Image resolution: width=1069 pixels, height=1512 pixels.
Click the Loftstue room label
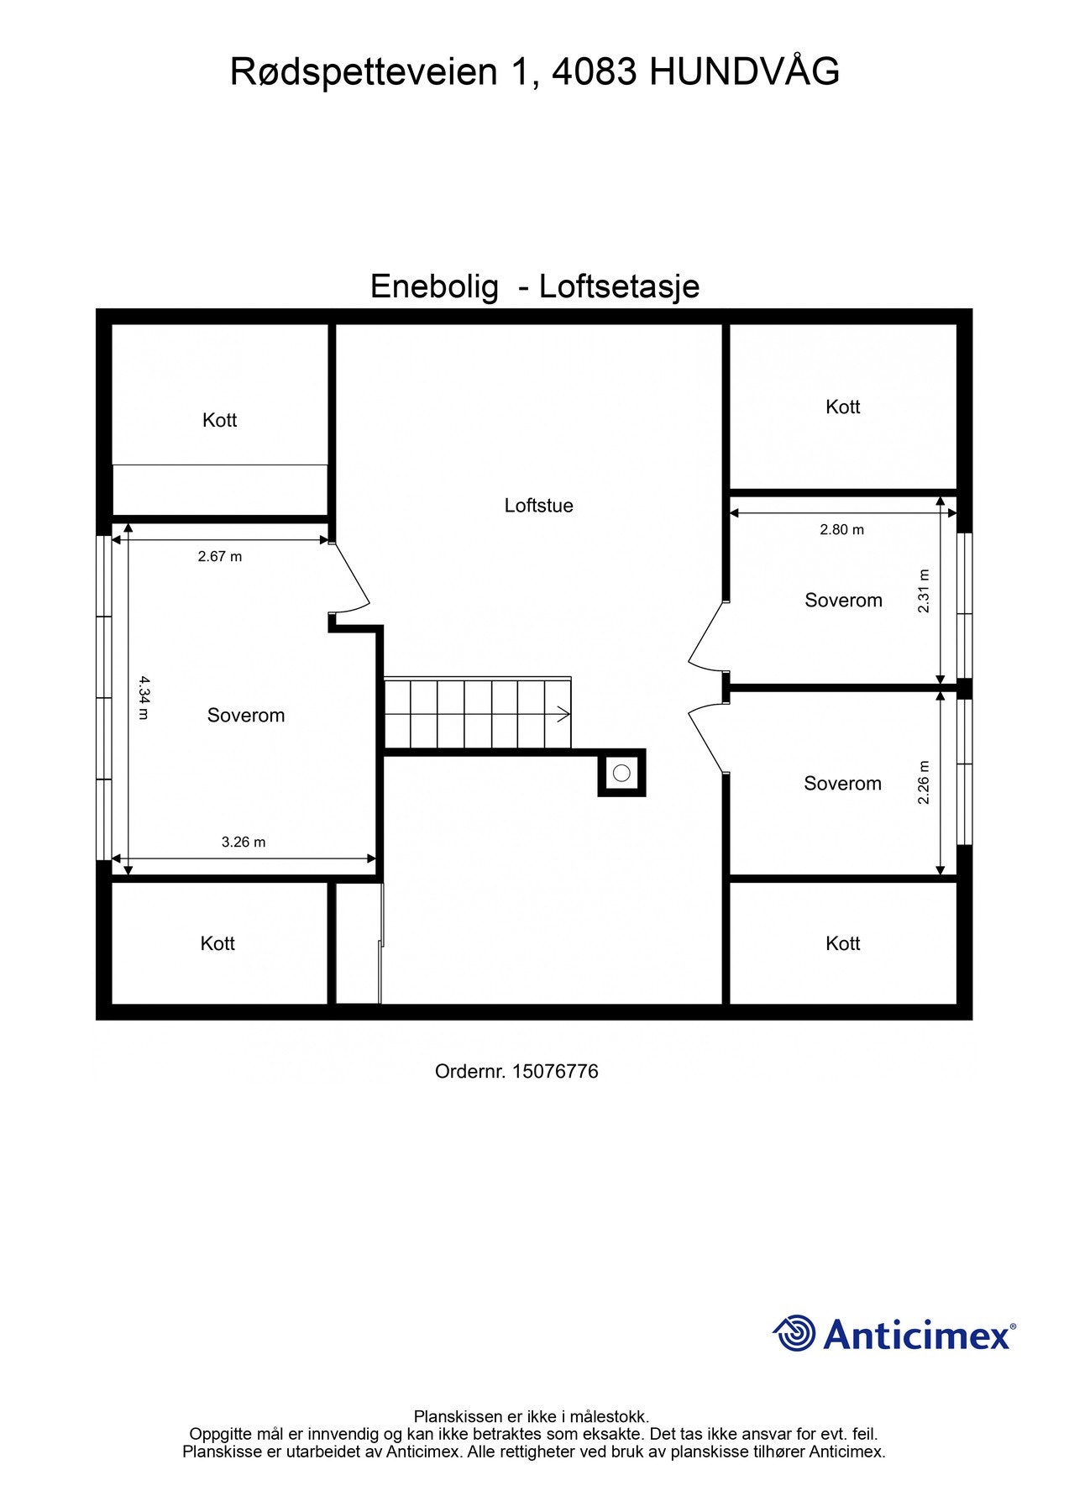[538, 506]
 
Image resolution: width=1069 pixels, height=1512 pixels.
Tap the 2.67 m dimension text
[220, 556]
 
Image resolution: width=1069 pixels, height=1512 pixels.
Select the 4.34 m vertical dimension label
[143, 697]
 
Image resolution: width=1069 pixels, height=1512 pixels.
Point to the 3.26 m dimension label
[244, 842]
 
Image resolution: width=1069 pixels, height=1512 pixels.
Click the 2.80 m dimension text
[841, 529]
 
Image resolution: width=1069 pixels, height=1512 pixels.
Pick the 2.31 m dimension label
[924, 591]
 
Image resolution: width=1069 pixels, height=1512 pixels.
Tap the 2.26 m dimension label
[924, 782]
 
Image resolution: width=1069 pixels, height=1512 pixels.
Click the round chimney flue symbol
[621, 773]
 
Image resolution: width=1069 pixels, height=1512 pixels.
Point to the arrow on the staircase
[561, 715]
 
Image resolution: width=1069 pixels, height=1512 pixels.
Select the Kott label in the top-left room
[220, 420]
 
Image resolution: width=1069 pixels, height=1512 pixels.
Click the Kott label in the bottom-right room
[842, 943]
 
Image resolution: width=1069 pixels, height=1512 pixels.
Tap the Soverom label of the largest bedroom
[246, 716]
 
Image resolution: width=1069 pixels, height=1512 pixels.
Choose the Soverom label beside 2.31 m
[843, 601]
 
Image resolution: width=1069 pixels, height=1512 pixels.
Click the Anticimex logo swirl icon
[794, 1333]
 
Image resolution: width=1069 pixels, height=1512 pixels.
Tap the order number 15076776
[554, 1071]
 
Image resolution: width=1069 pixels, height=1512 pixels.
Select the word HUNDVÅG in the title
[744, 72]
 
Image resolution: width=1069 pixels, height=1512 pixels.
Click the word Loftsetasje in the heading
[619, 286]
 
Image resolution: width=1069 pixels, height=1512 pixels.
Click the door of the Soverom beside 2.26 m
[705, 740]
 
